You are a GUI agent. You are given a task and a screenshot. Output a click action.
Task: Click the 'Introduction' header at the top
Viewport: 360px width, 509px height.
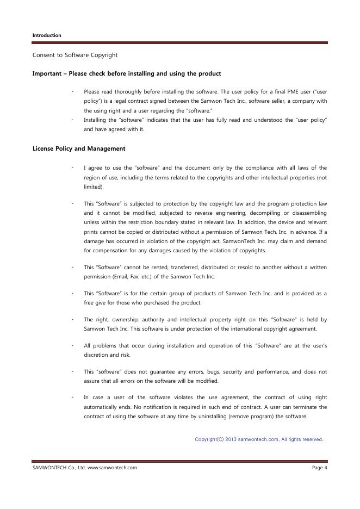click(47, 35)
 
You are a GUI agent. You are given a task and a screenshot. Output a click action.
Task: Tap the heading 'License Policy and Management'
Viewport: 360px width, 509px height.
click(79, 148)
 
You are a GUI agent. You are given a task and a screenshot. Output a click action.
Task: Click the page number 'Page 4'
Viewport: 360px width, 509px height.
click(319, 468)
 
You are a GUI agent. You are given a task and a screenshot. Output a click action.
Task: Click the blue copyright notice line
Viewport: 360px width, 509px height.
click(259, 439)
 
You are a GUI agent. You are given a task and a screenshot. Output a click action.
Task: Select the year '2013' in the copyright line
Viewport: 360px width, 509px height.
click(231, 439)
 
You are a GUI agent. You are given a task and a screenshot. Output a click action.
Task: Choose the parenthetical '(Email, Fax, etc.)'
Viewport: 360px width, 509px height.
click(122, 276)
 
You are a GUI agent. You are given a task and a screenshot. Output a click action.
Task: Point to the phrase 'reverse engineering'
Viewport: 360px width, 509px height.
click(212, 213)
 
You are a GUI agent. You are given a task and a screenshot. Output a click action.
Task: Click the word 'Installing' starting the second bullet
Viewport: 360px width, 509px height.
click(96, 120)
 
